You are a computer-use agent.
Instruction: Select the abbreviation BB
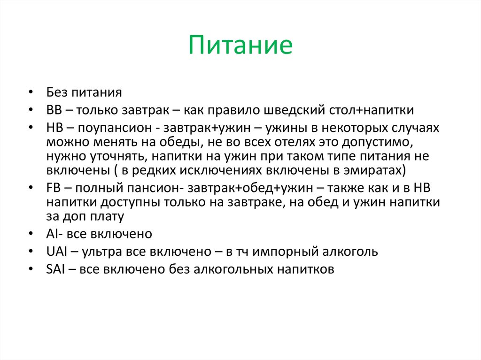coord(53,110)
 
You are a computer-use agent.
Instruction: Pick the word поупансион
coord(113,128)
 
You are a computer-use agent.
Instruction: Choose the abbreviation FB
coord(53,188)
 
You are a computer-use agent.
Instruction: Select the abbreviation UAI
coord(55,252)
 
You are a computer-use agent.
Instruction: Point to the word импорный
coord(287,252)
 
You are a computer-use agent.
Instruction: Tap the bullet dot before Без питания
coord(31,92)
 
